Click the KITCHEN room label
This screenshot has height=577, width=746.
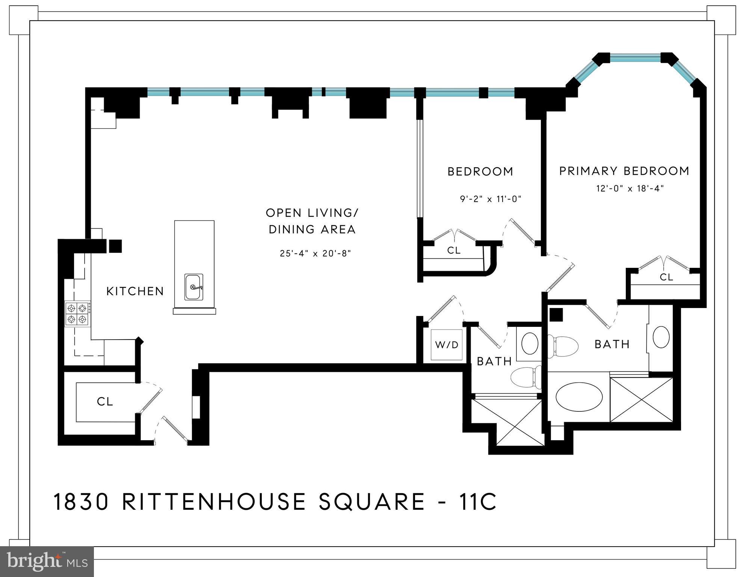pyautogui.click(x=135, y=291)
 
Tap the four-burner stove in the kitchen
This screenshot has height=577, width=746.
pyautogui.click(x=77, y=314)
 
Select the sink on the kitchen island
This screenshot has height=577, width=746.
pyautogui.click(x=194, y=287)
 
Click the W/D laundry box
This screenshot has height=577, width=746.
pyautogui.click(x=447, y=344)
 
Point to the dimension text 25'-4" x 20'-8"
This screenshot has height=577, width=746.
pyautogui.click(x=315, y=253)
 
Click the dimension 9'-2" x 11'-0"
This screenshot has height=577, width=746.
pyautogui.click(x=491, y=199)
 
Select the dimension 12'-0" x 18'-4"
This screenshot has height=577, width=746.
pyautogui.click(x=630, y=188)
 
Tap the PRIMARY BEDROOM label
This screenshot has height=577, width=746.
pyautogui.click(x=624, y=171)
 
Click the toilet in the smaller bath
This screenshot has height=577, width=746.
pyautogui.click(x=526, y=377)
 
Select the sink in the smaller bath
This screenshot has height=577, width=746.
pyautogui.click(x=530, y=343)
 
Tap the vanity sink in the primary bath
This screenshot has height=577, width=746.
pyautogui.click(x=661, y=337)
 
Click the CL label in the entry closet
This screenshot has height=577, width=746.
pyautogui.click(x=105, y=402)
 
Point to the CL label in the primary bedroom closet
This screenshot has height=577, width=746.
pyautogui.click(x=666, y=277)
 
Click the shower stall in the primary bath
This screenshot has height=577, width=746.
pyautogui.click(x=641, y=400)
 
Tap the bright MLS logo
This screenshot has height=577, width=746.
pyautogui.click(x=47, y=561)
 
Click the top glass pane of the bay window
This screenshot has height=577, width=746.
pyautogui.click(x=635, y=58)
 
